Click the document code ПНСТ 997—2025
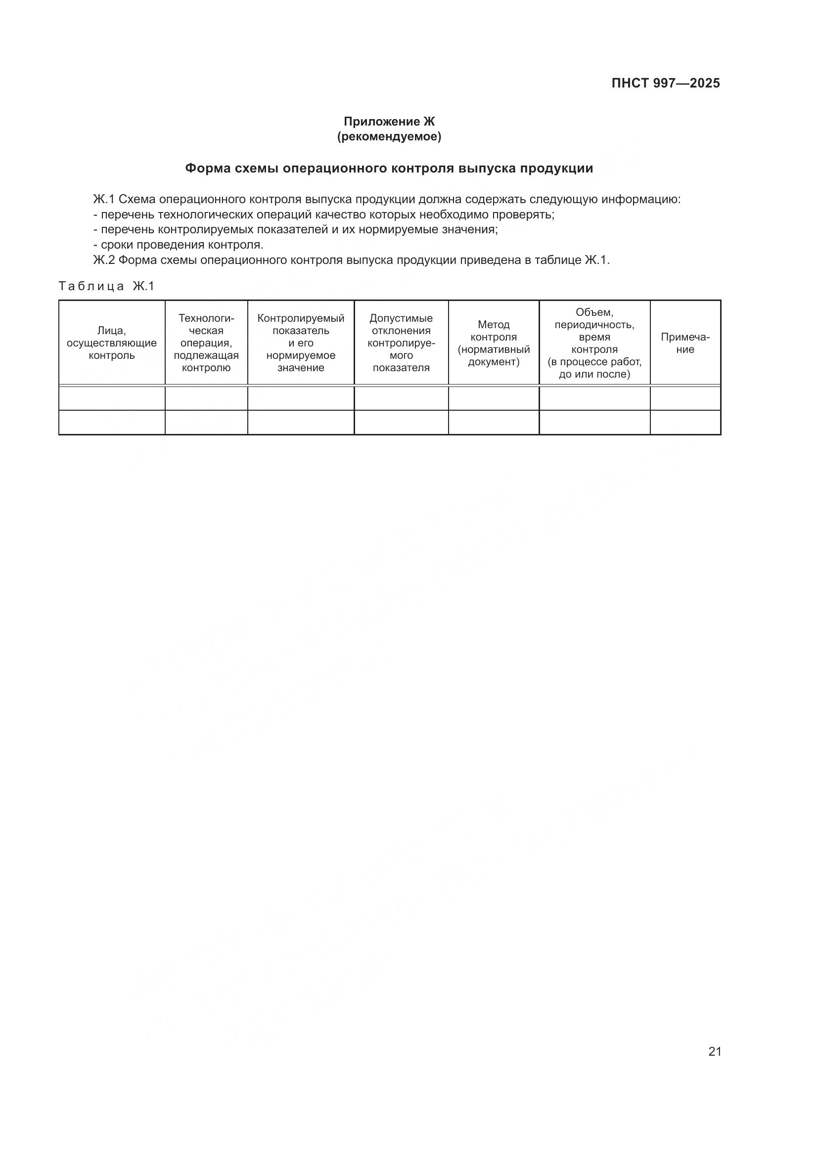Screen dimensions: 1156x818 click(x=665, y=83)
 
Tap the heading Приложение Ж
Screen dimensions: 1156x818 click(x=389, y=122)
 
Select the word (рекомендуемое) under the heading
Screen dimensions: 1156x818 click(x=389, y=136)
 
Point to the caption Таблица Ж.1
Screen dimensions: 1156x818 click(x=106, y=287)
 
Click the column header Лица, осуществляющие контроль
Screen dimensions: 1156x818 click(x=112, y=343)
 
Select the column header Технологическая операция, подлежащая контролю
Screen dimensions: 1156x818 click(x=207, y=343)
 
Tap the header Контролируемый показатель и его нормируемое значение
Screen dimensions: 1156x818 click(x=301, y=343)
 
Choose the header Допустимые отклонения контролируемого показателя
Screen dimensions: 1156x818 click(x=401, y=343)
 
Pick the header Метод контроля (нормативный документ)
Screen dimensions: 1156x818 click(x=494, y=343)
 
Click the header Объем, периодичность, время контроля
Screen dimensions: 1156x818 click(x=594, y=343)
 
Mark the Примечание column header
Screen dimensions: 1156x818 click(x=685, y=343)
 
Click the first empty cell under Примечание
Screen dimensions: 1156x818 click(x=685, y=398)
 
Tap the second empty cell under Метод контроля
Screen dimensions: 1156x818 click(x=494, y=423)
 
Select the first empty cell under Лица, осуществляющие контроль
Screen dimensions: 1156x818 click(x=112, y=398)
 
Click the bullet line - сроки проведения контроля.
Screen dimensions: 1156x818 click(x=179, y=245)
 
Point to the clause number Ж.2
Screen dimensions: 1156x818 click(x=104, y=260)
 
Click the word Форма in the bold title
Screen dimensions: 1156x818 click(x=207, y=168)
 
